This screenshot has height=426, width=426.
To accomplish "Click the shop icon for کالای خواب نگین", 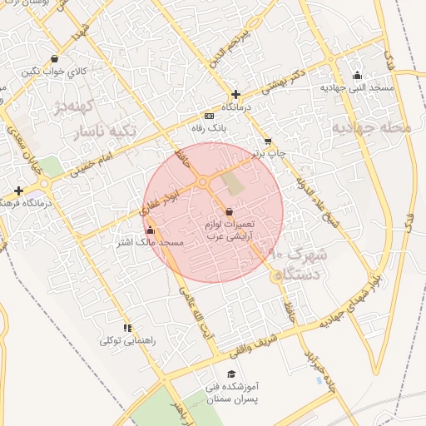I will click(54, 59).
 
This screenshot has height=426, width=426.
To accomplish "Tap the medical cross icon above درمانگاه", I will click(236, 94).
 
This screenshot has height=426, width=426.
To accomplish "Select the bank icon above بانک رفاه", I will click(208, 116).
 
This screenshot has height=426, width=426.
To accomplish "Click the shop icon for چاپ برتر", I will click(267, 141).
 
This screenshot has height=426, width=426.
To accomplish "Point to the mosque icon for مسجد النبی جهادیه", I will click(358, 76).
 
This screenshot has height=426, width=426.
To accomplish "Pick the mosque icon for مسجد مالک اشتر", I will click(150, 230).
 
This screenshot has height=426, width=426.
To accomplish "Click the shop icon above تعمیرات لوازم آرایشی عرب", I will click(229, 213).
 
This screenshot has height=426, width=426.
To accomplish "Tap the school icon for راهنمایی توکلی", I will click(127, 329).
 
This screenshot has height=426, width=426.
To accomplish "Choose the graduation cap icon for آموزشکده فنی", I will click(231, 375).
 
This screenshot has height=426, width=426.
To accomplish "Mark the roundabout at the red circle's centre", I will click(202, 182).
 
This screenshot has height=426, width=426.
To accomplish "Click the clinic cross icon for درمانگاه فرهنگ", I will click(18, 191).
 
